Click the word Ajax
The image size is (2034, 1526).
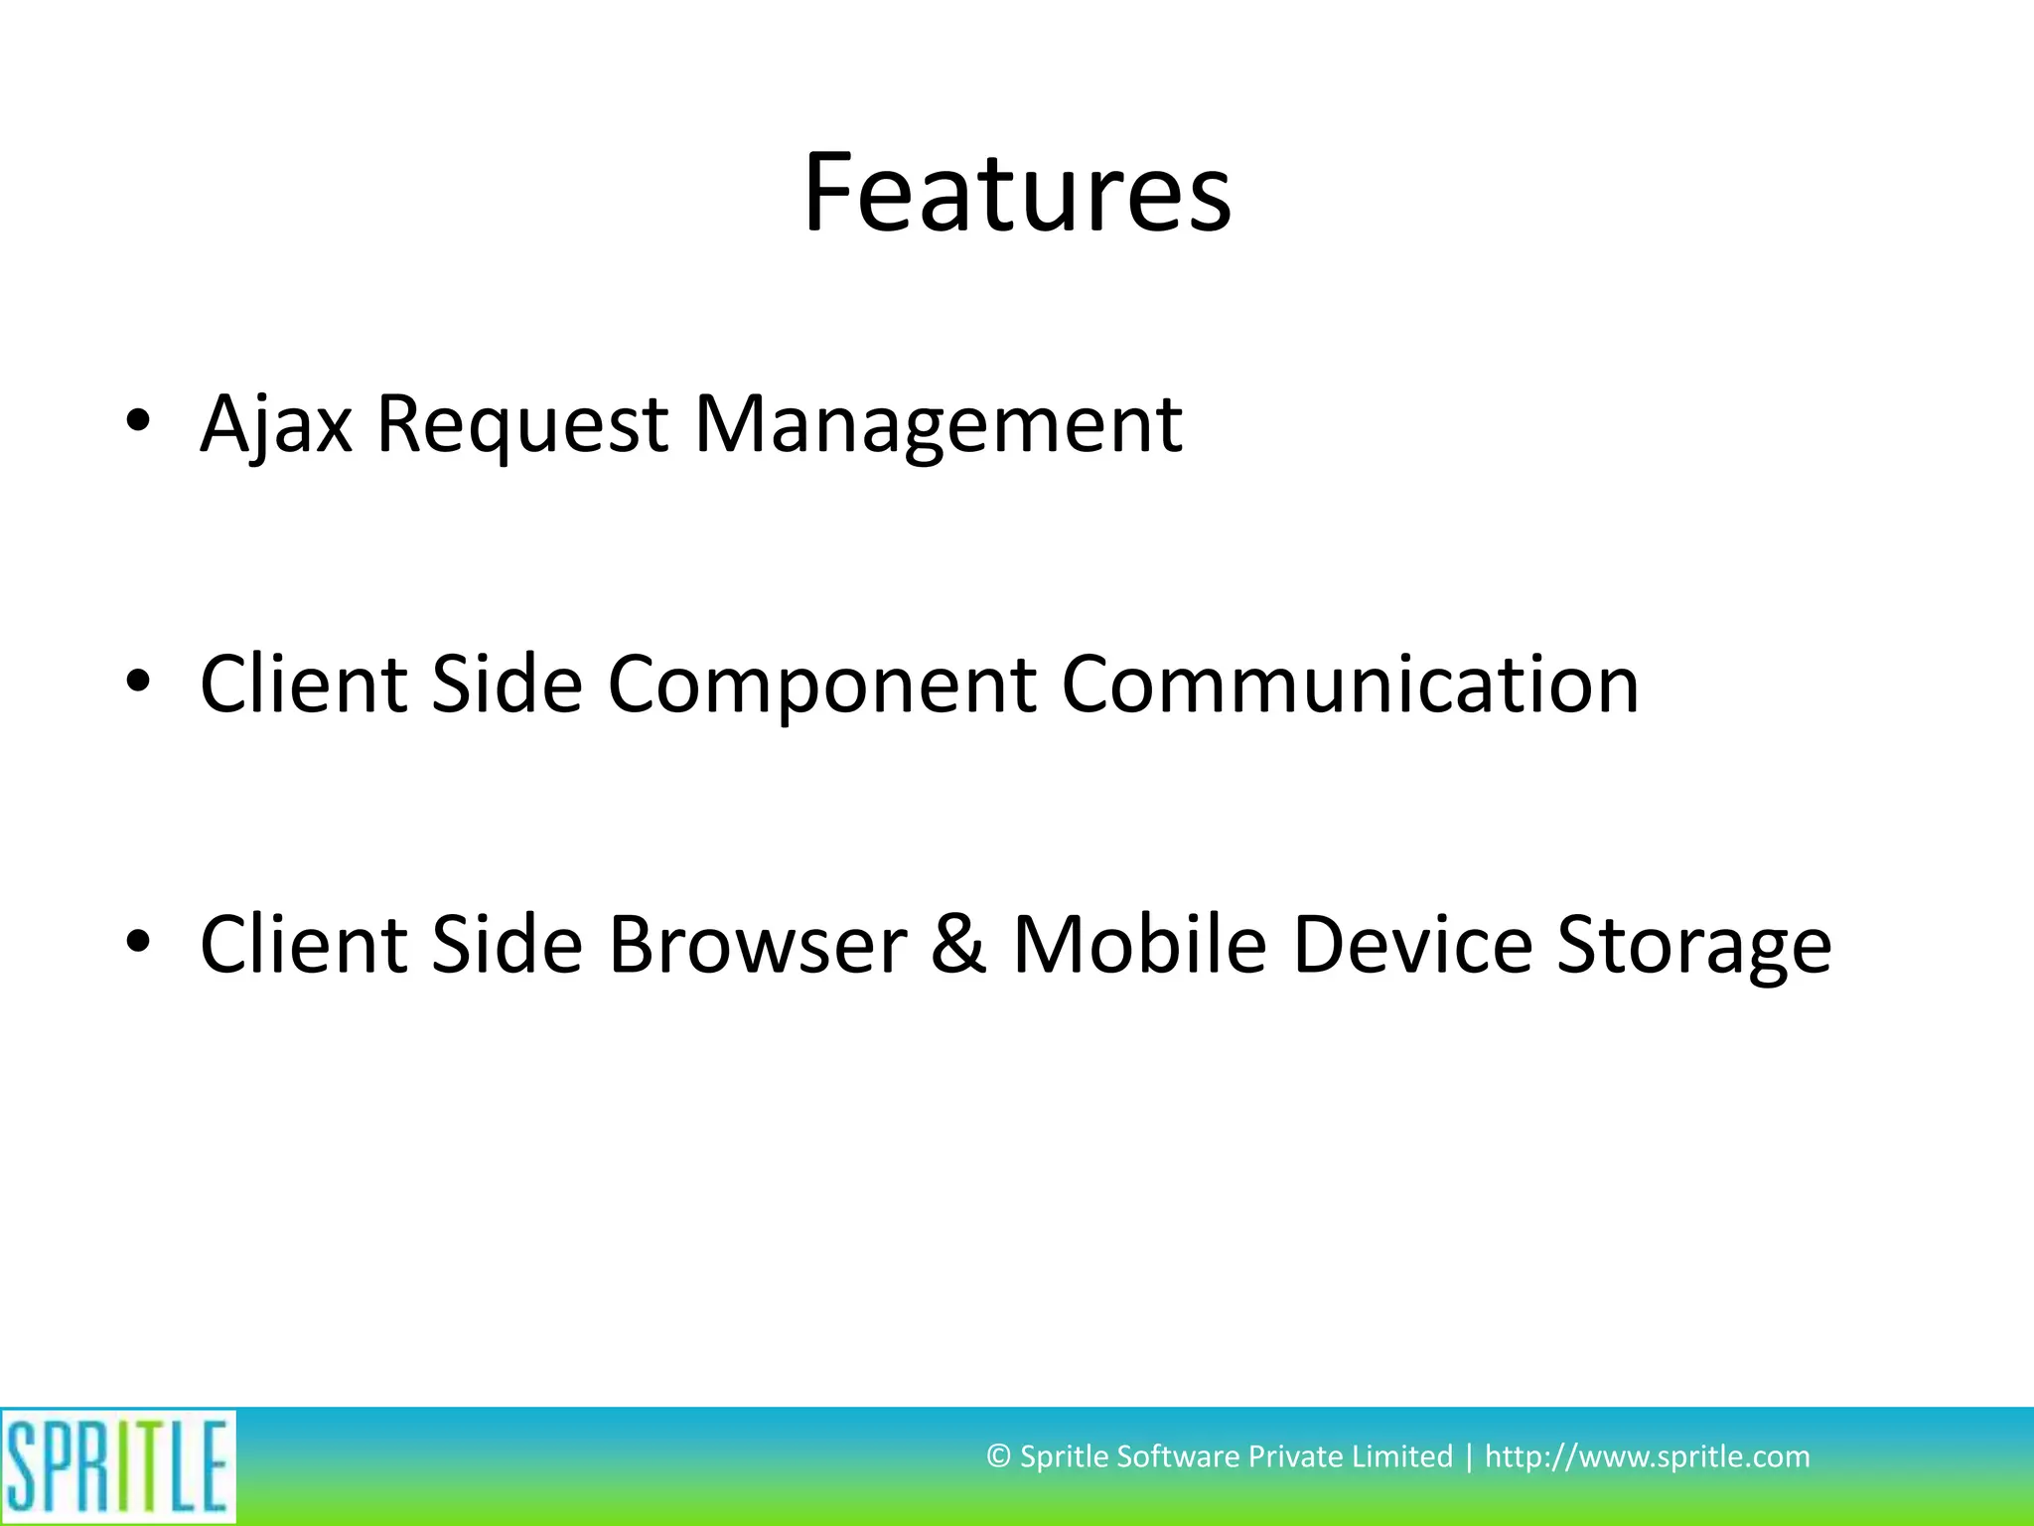(x=276, y=425)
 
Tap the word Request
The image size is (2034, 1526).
(x=522, y=425)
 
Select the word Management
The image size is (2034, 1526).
(x=938, y=425)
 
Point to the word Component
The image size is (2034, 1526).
(x=822, y=686)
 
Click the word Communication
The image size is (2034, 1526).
(x=1350, y=686)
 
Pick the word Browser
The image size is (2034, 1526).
(x=757, y=945)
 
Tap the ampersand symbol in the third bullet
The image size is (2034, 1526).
(x=959, y=945)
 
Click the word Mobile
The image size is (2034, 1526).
(x=1139, y=945)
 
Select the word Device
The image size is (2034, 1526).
(x=1412, y=945)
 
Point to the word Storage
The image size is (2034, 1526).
(x=1693, y=945)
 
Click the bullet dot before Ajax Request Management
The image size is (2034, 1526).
(x=138, y=420)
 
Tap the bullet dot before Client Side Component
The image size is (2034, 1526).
(x=138, y=681)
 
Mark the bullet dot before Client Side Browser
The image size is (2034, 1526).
(x=138, y=940)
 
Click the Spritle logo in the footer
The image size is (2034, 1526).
(x=118, y=1466)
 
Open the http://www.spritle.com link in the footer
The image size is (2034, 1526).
(x=1647, y=1456)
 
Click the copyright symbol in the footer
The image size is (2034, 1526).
(x=998, y=1457)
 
